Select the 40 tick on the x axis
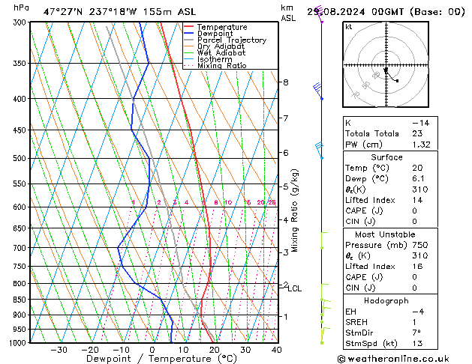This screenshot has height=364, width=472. tap(277, 350)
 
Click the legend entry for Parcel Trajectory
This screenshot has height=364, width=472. tap(231, 40)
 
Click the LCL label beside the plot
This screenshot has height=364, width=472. tap(295, 288)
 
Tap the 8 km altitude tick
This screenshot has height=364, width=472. tap(285, 82)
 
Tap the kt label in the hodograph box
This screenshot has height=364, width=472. tap(348, 27)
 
